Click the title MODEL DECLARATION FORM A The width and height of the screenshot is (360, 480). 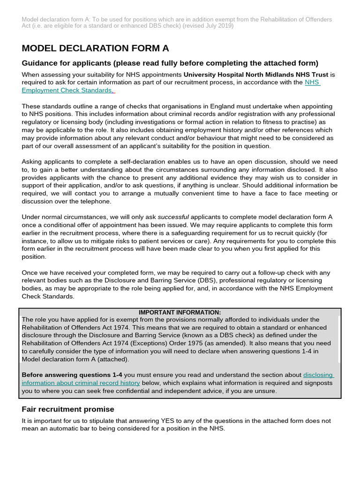(95, 48)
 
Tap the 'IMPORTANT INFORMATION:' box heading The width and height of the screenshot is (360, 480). (180, 313)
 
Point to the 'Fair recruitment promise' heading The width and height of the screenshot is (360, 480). (68, 409)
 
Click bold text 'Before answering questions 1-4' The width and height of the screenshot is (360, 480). (72, 375)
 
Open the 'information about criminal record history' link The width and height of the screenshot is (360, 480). (81, 383)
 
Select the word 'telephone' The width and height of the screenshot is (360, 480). (96, 201)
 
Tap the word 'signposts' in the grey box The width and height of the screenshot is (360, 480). (318, 383)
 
